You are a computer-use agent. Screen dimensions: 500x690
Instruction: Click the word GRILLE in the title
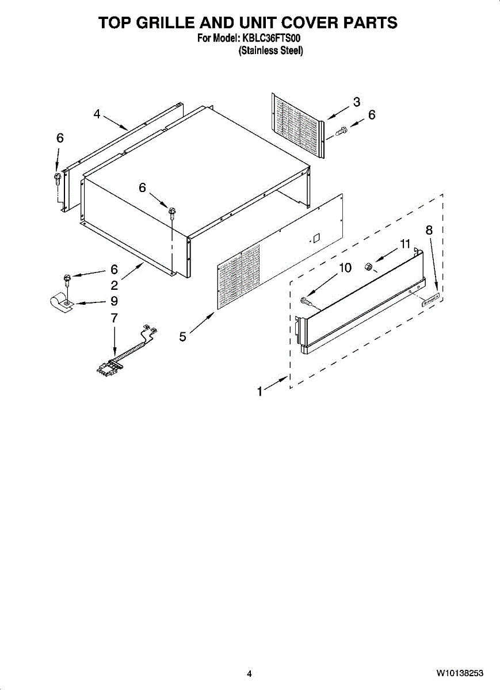165,22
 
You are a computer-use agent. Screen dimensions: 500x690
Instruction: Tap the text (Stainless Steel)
270,51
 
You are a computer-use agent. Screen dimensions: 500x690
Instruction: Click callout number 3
357,102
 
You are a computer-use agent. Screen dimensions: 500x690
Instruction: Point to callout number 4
97,114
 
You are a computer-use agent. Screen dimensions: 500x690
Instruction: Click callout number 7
114,317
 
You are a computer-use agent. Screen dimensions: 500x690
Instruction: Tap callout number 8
429,230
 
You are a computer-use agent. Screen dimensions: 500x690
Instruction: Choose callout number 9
114,301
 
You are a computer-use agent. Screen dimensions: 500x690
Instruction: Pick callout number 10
345,267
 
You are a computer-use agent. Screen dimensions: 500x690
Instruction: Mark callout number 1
260,392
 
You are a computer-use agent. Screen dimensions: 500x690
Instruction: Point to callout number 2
114,285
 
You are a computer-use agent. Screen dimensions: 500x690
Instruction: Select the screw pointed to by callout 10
306,301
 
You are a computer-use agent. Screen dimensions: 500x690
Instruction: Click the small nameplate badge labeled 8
430,297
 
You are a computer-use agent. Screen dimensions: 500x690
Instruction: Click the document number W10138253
459,673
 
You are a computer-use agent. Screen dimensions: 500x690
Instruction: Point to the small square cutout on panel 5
316,237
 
